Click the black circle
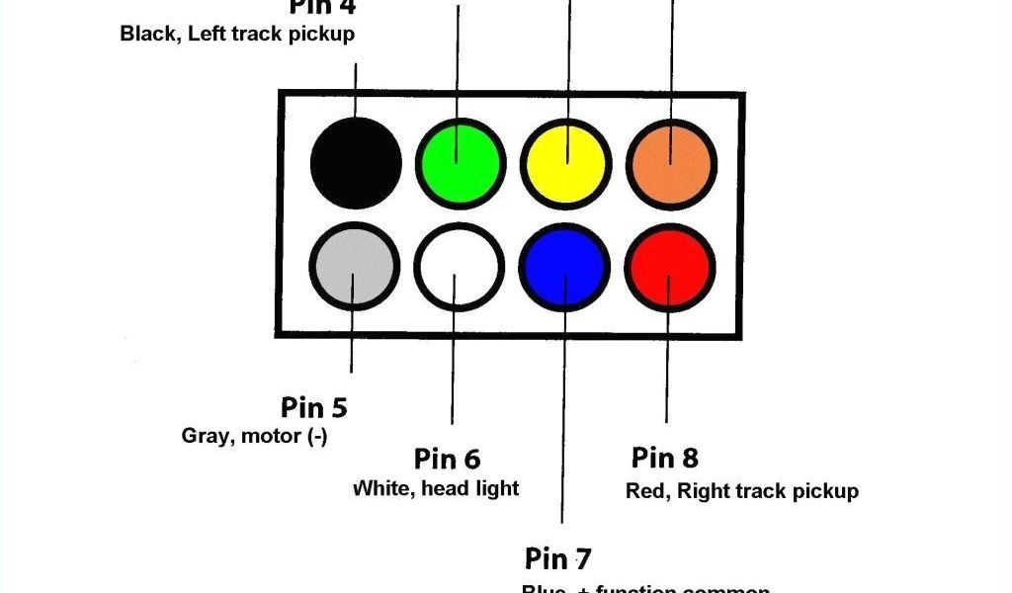pos(356,162)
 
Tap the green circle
pos(461,163)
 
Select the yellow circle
pos(564,163)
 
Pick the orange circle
pos(670,163)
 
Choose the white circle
pos(459,267)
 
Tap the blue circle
pos(564,267)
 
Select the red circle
pos(669,267)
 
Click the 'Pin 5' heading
pos(313,407)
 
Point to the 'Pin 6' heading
pos(447,460)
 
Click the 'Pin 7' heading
pos(557,558)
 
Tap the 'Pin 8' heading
pos(664,458)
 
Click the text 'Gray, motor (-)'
pos(254,436)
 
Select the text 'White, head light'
pos(436,488)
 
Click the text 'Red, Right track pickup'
pos(742,491)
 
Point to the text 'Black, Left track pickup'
pos(237,34)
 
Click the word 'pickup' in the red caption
pos(826,491)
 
